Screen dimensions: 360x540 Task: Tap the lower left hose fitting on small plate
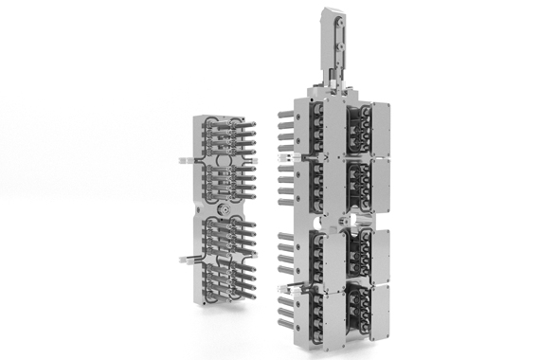click(x=182, y=257)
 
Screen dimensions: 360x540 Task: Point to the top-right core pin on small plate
click(x=257, y=126)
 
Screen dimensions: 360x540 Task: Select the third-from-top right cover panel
click(x=389, y=251)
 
